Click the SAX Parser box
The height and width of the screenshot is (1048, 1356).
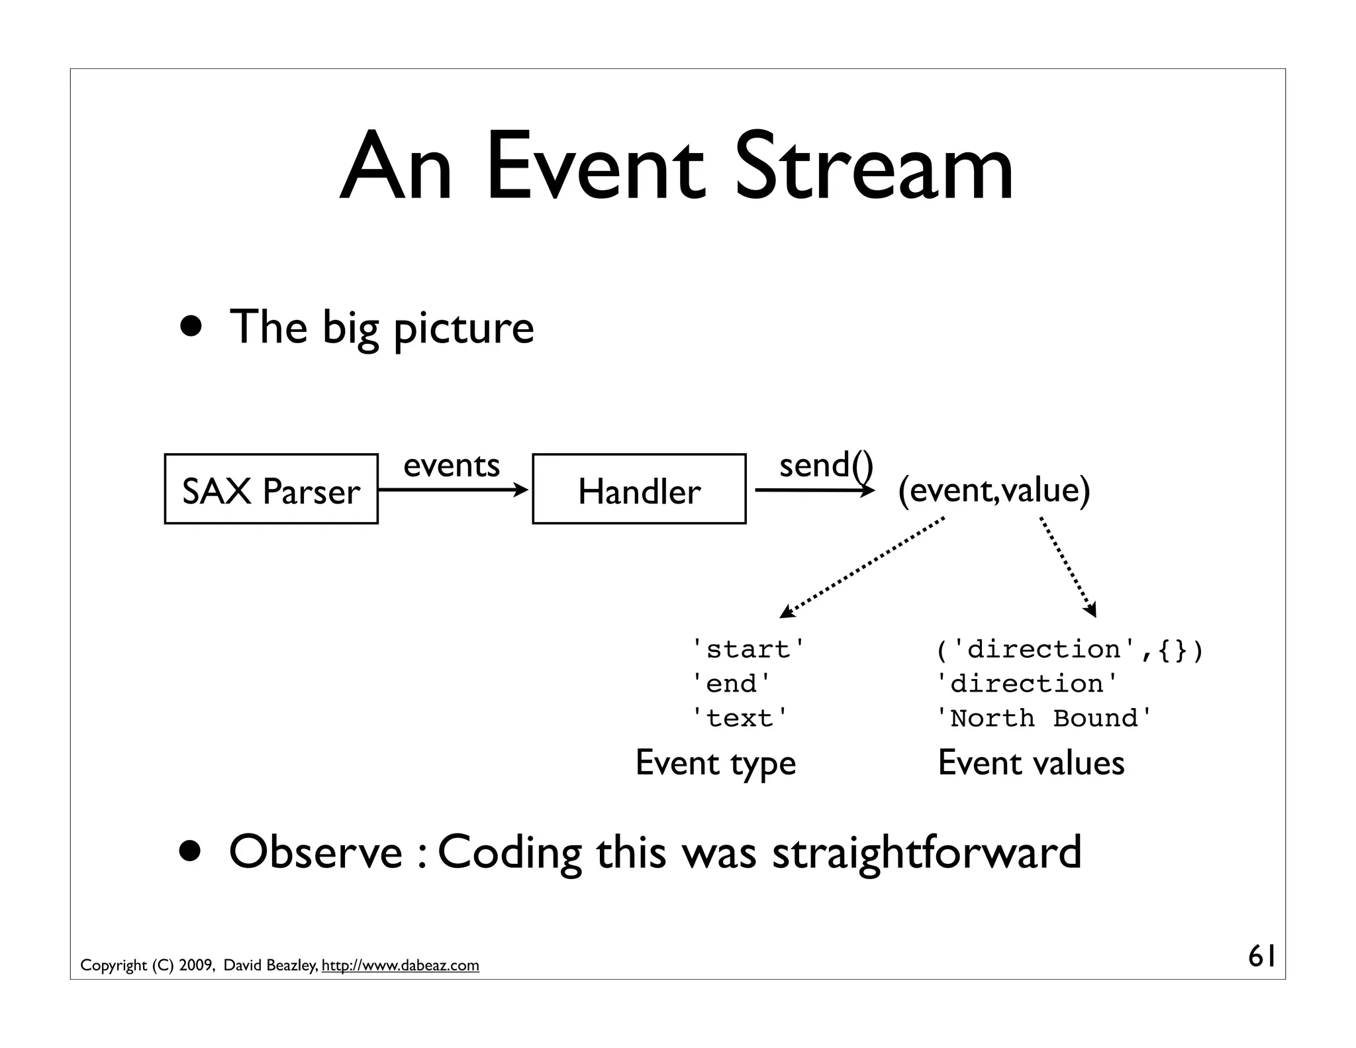[271, 489]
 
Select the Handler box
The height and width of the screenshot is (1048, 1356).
[639, 489]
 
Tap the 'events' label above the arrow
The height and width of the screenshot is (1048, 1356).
[452, 465]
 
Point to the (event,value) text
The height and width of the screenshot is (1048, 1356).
[993, 490]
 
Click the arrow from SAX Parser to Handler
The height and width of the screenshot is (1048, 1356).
[453, 490]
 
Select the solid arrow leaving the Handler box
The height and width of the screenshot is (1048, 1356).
[814, 490]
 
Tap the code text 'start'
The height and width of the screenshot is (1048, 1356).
[748, 649]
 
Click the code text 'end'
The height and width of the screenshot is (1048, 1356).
[731, 684]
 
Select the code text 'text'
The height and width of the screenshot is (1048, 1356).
[740, 718]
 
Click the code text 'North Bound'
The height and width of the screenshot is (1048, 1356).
[1044, 718]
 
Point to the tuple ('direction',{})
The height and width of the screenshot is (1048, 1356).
[1069, 649]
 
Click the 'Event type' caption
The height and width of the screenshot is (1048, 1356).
[715, 763]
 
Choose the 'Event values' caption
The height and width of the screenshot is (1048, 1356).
[1031, 763]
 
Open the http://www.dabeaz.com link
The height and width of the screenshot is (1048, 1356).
[400, 965]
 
